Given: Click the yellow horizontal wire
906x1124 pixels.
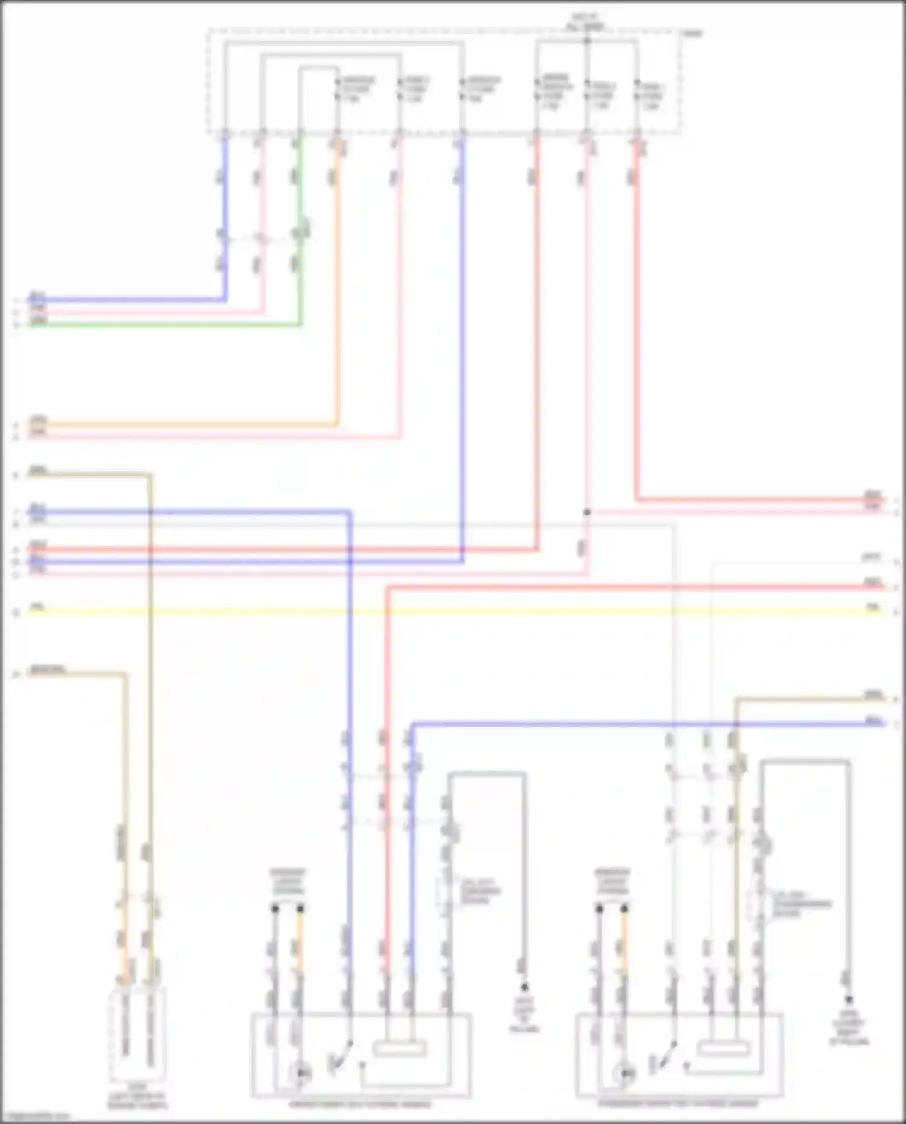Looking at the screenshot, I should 453,611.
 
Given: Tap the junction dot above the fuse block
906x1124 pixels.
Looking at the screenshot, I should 586,41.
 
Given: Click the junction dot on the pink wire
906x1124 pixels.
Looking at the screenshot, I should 586,512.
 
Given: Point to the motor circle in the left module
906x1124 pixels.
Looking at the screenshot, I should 301,1073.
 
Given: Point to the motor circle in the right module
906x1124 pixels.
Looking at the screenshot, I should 626,1074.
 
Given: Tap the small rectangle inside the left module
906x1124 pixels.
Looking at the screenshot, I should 399,1048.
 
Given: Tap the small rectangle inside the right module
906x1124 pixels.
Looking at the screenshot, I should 723,1049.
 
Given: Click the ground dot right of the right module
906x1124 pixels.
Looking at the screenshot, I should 849,1000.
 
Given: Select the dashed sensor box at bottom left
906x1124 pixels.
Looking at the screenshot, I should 137,1035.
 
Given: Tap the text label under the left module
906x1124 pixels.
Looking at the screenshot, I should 361,1105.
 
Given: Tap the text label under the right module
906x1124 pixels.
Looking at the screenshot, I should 678,1103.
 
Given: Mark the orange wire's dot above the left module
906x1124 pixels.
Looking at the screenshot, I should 300,908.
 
